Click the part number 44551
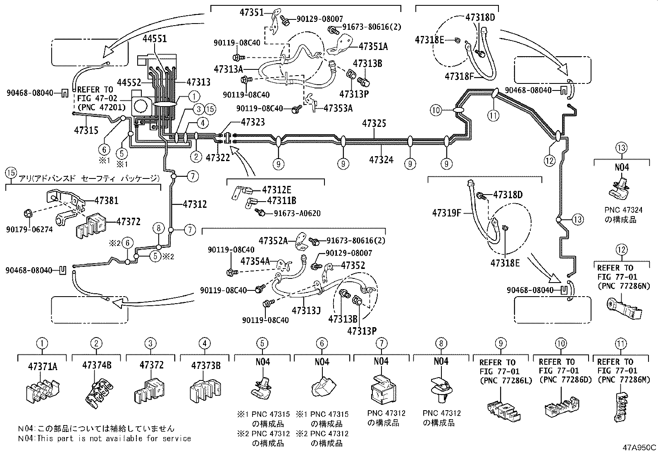tap(155, 39)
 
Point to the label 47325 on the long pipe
tap(374, 123)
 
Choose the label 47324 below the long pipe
tap(381, 159)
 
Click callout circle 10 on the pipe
tap(436, 110)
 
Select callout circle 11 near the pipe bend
tap(493, 116)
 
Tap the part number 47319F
tap(446, 213)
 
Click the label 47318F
tap(459, 76)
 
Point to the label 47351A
tap(373, 46)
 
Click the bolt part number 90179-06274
tap(29, 228)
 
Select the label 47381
tap(106, 200)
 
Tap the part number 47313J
tap(306, 310)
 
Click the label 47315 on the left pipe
tap(86, 130)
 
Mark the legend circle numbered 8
tap(440, 343)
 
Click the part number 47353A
tap(338, 108)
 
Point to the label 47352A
tap(273, 240)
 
